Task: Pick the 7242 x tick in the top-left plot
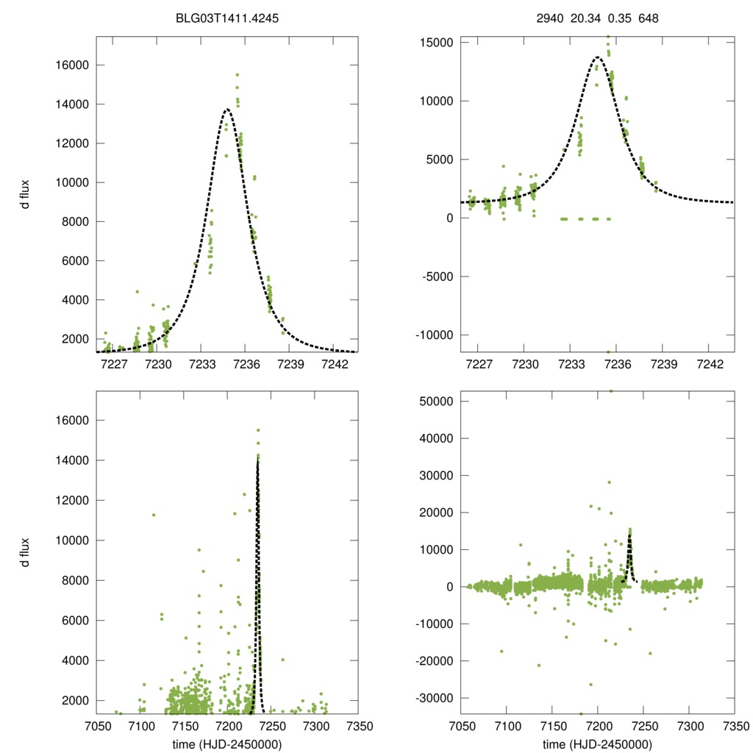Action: (335, 363)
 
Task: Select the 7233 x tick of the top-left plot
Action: (203, 363)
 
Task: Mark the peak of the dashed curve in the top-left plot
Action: (226, 110)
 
